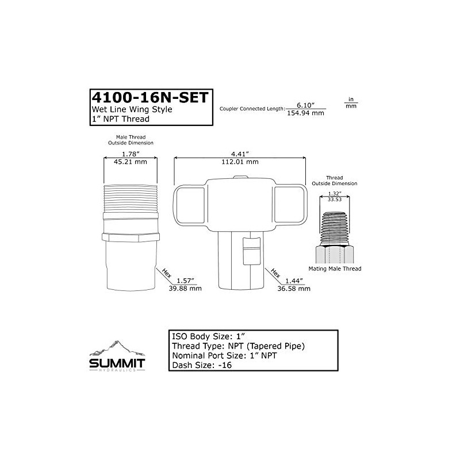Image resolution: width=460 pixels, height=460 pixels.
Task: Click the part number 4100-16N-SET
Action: coord(150,97)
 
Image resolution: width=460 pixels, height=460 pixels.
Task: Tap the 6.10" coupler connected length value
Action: coord(305,105)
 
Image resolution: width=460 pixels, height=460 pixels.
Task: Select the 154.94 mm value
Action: coord(305,113)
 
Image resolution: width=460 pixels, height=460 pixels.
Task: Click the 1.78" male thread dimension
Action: coord(131,154)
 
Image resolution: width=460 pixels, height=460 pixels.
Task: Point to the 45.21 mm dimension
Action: coord(131,162)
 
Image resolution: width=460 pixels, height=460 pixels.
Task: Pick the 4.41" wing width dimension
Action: coord(240,154)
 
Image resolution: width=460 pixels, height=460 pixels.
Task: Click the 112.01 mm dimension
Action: coord(240,162)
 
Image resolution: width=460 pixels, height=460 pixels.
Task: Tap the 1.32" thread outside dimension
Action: coord(335,194)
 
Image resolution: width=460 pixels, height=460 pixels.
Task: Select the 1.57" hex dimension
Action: coord(185,281)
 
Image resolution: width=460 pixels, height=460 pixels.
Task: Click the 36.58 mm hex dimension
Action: coord(294,289)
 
